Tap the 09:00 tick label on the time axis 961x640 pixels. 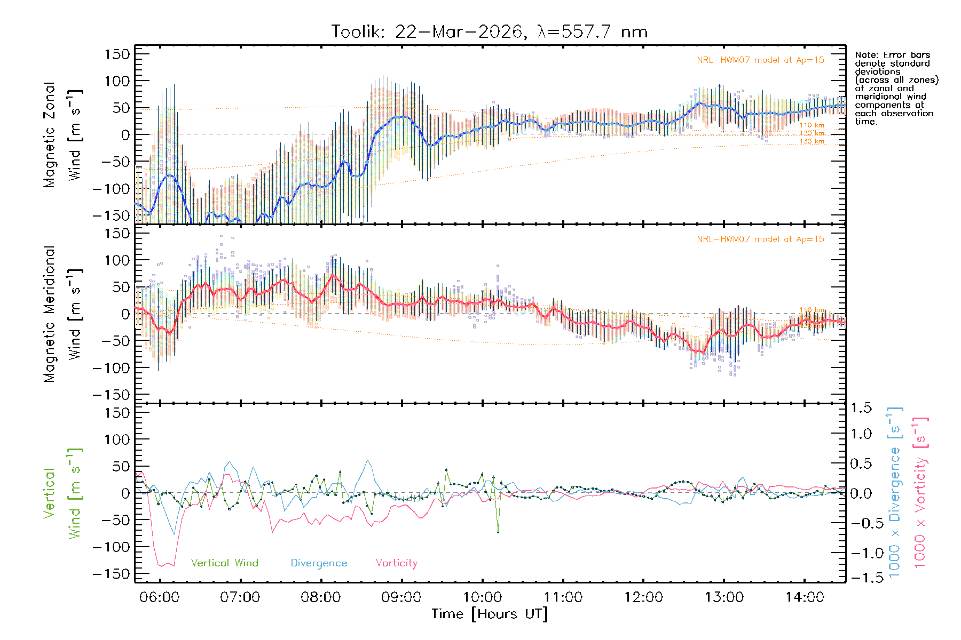pos(401,597)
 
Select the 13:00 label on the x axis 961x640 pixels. pos(724,597)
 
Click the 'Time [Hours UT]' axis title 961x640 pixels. pos(489,614)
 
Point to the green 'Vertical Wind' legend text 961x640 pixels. pos(224,563)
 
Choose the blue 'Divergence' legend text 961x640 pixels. pos(319,563)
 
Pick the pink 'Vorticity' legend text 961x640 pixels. pos(396,563)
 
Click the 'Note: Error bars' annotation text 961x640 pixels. pos(892,55)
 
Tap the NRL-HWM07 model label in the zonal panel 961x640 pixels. pos(760,60)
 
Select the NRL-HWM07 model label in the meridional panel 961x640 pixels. pos(760,239)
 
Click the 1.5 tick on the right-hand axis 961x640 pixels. pos(861,408)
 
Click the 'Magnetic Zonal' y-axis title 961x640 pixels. pos(49,135)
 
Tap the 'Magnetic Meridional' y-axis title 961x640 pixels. pos(49,314)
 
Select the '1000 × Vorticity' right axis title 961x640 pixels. pos(920,492)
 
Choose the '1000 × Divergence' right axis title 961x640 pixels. pos(895,492)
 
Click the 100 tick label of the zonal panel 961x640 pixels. pos(117,81)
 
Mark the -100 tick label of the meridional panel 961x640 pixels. pos(112,368)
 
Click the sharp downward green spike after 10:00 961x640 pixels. pos(498,531)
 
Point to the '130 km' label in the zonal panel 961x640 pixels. pos(812,142)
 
